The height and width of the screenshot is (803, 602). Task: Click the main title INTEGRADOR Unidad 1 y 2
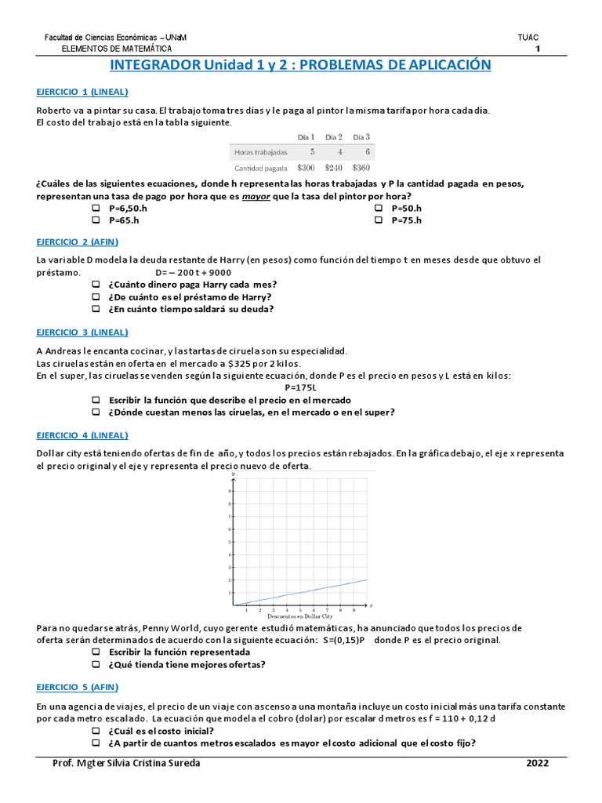click(301, 64)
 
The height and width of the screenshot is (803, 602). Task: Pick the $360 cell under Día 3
click(361, 167)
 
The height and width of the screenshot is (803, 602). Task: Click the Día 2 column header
click(335, 136)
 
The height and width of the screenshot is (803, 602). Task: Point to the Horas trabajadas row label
click(261, 151)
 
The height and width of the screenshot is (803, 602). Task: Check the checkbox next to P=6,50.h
click(96, 208)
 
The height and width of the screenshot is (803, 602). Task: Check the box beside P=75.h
click(378, 220)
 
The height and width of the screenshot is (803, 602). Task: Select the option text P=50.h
click(408, 208)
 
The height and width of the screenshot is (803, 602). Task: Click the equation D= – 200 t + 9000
click(193, 272)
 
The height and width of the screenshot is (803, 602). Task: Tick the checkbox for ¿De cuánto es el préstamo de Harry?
click(96, 297)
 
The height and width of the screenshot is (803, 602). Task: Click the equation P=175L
click(301, 387)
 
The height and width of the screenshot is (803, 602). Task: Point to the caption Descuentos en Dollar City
click(300, 617)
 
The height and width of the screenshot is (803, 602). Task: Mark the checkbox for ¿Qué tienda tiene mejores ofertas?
click(96, 664)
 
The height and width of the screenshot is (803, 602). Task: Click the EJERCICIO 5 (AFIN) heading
click(77, 687)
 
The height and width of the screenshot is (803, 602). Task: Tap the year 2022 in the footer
click(537, 763)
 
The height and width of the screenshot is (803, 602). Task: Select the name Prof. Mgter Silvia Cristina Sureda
click(125, 763)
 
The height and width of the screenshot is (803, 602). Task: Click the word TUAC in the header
click(528, 38)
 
